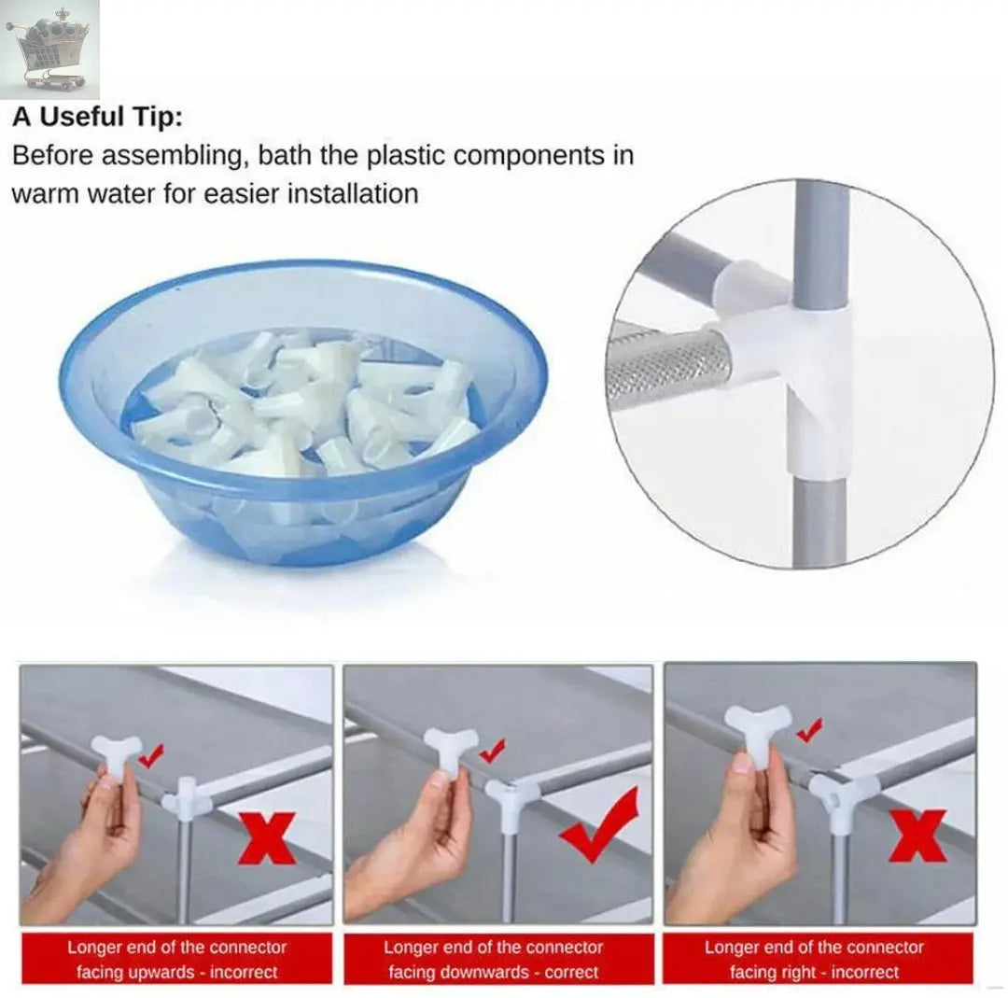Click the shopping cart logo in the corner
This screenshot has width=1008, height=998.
[x=49, y=49]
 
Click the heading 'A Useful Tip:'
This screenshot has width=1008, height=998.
[x=98, y=117]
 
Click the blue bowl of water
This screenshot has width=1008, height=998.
[x=304, y=412]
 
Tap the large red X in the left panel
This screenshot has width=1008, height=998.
[x=267, y=837]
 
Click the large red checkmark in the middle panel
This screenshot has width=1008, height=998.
[x=600, y=825]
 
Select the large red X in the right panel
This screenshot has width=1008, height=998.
[x=918, y=835]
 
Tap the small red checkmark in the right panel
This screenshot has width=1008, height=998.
[x=810, y=730]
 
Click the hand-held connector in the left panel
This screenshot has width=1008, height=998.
[x=116, y=757]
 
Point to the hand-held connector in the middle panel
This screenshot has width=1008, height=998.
[x=449, y=749]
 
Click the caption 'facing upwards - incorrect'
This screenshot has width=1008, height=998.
[x=176, y=972]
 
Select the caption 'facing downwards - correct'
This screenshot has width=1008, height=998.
[x=493, y=972]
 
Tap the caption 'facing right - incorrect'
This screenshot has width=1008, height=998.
[x=814, y=972]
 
